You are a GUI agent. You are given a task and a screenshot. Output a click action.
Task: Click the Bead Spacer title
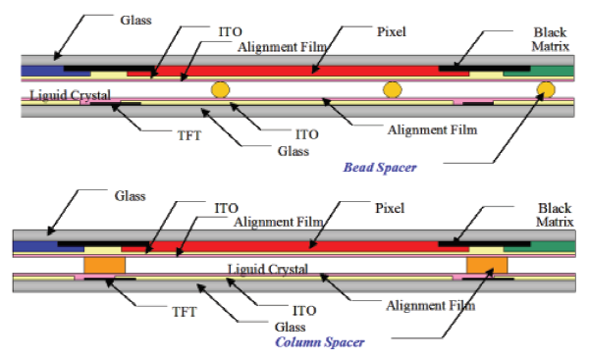pos(380,168)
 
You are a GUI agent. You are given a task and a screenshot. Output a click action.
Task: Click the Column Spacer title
pos(320,342)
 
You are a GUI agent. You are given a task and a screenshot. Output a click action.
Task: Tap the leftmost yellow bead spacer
pos(220,89)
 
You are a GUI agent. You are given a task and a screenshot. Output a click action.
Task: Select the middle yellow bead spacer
pos(392,89)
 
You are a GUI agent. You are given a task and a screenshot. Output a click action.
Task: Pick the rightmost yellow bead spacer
pos(546,89)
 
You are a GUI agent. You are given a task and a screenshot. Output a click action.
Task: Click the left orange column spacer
pos(104,266)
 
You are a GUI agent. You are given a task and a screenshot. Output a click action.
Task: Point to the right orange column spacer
pos(487,266)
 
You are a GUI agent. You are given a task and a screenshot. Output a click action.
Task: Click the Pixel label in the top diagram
pos(392,32)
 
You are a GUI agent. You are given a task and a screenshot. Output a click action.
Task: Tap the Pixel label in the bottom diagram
pos(390,208)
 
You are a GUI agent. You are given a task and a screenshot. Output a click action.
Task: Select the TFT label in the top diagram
pos(189,135)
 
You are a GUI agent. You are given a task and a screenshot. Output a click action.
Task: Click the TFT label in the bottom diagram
pos(185,312)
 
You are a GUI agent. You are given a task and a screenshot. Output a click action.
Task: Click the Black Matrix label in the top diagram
pos(551,39)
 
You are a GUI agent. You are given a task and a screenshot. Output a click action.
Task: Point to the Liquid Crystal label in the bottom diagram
pos(268,269)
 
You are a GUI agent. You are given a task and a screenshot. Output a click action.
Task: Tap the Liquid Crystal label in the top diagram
pos(71,95)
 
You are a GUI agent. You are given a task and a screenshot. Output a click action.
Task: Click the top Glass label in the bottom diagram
pos(130,196)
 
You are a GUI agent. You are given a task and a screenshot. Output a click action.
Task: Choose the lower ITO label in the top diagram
pos(307,134)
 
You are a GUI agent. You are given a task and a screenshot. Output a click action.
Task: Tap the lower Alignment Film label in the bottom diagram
pos(431,306)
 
